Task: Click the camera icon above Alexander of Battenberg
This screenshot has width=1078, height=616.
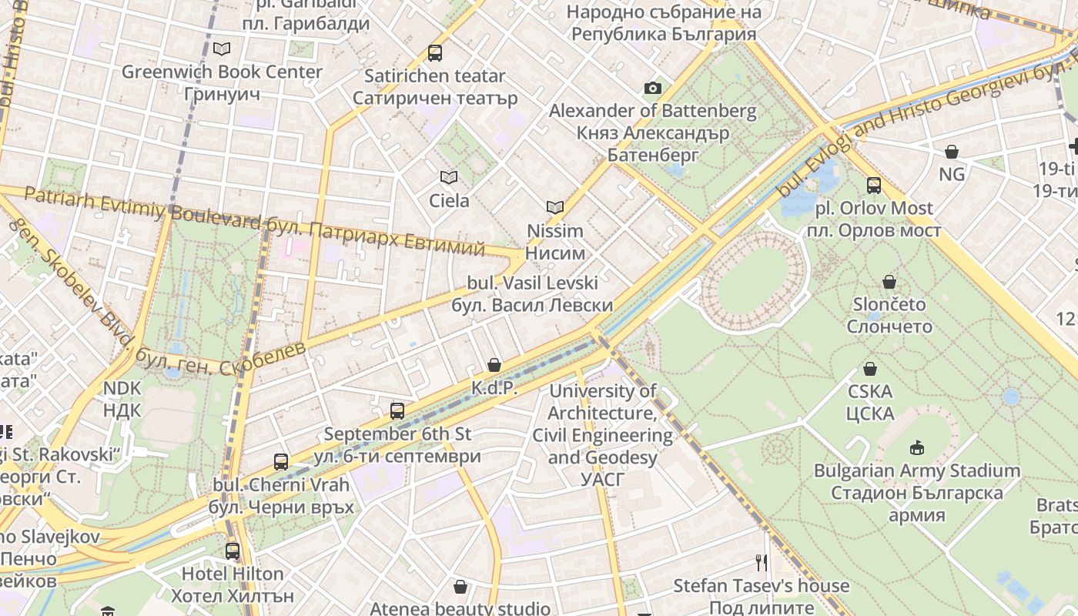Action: [652, 89]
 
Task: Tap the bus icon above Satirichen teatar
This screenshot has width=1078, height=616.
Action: [435, 53]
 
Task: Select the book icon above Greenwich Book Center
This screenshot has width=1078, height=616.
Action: [222, 49]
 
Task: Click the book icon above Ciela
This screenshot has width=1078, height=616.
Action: [448, 178]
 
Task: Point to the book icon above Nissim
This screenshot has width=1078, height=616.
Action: [554, 207]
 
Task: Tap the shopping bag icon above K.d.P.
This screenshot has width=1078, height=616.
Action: [494, 365]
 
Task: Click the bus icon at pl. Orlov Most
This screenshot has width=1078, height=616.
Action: [873, 186]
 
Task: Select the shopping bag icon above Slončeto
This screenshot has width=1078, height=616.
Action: [889, 282]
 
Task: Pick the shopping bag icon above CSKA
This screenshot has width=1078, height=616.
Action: [869, 370]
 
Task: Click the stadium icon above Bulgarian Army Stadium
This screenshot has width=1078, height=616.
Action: [916, 448]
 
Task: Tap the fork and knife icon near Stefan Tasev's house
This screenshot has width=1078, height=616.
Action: [762, 563]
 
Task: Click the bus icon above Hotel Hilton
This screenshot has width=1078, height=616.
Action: [232, 551]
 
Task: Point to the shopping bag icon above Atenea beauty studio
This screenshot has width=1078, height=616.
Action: [460, 588]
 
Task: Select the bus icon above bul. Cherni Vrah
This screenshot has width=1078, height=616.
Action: [281, 462]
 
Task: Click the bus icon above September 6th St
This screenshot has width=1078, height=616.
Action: [397, 411]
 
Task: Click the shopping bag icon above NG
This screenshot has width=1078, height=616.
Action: [952, 152]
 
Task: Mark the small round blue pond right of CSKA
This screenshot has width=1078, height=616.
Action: [1011, 397]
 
